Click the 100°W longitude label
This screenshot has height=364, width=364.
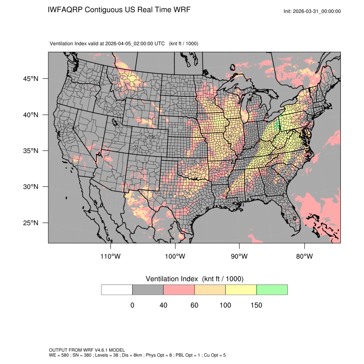click(175, 257)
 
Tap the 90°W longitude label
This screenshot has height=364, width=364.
click(239, 257)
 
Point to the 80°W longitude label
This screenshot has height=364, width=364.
click(304, 257)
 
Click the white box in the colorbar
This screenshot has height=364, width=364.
click(117, 289)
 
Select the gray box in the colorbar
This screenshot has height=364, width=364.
click(148, 289)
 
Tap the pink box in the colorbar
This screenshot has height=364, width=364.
click(179, 289)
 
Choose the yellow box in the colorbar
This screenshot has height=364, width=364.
click(241, 289)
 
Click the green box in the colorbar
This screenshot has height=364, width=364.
click(272, 289)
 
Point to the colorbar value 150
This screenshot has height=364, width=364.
click(257, 305)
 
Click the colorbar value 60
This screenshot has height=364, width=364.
click(194, 305)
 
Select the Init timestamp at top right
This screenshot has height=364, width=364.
click(312, 11)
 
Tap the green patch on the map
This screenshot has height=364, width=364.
click(277, 124)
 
